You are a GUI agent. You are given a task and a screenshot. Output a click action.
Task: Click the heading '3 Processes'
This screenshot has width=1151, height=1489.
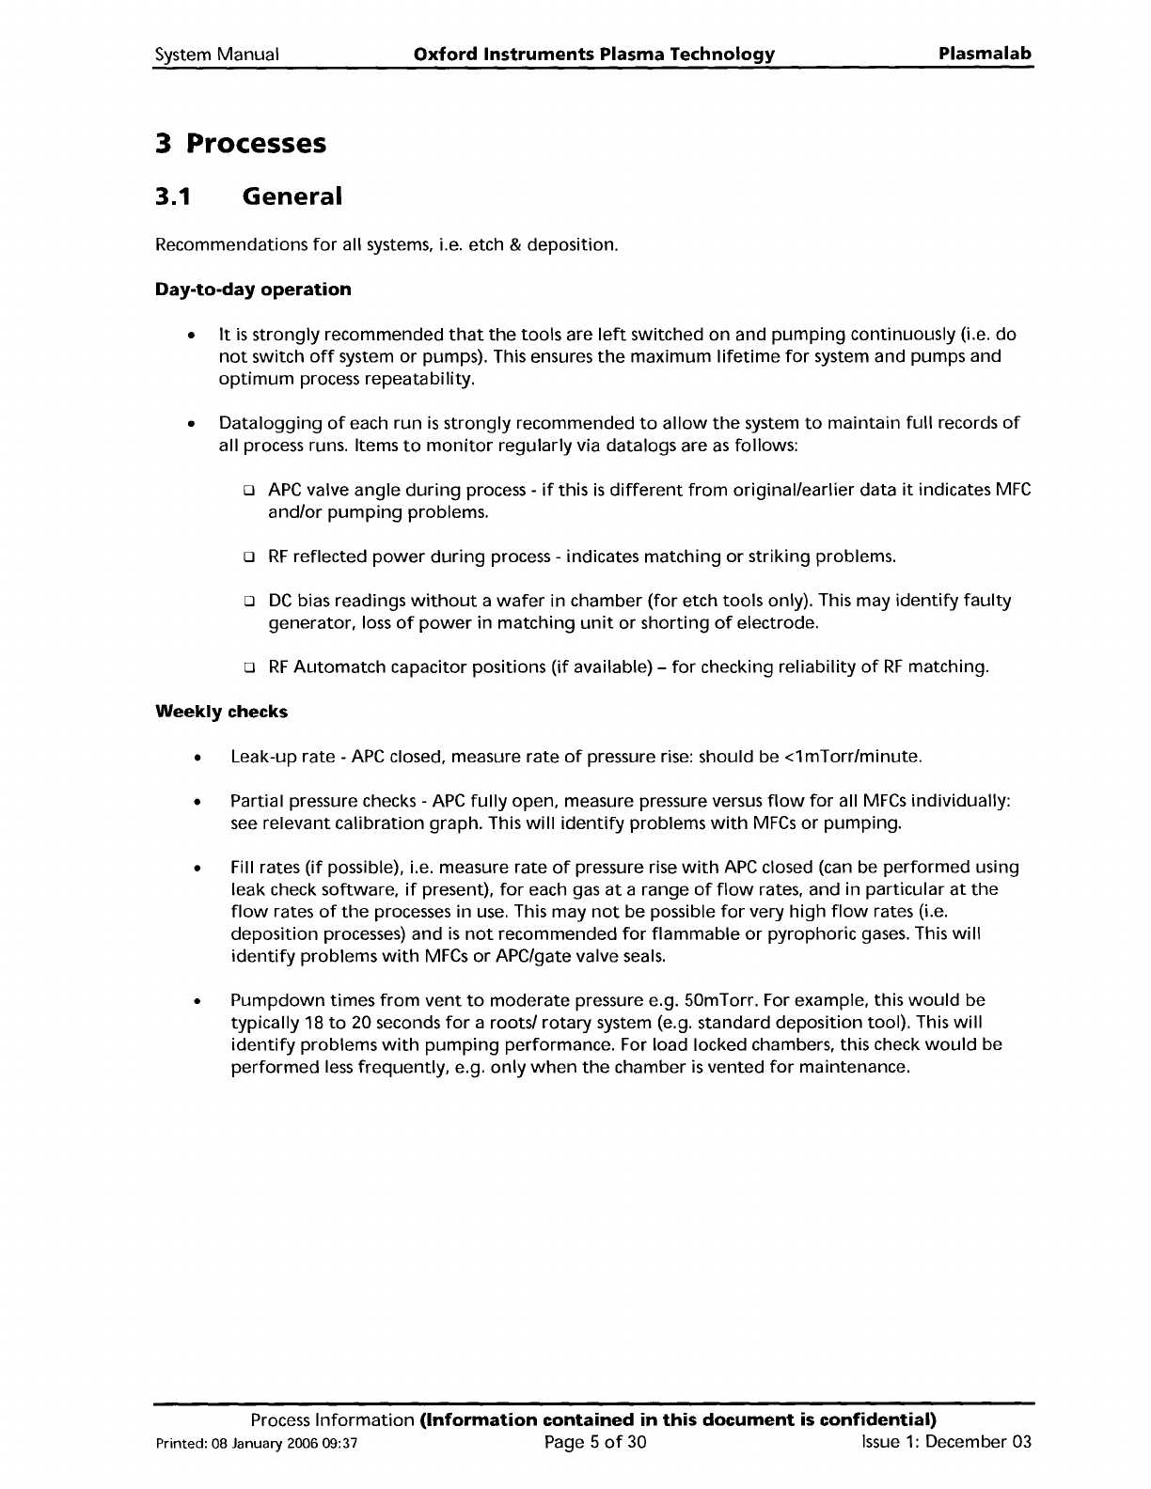point(240,144)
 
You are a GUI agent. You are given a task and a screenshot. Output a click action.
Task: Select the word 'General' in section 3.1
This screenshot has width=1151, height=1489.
point(292,196)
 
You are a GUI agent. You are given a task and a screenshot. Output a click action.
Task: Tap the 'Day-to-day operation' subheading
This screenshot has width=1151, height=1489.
point(252,290)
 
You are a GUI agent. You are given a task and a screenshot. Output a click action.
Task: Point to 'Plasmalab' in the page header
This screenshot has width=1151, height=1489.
point(985,54)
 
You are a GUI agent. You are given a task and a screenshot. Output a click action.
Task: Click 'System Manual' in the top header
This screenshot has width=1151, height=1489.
point(216,55)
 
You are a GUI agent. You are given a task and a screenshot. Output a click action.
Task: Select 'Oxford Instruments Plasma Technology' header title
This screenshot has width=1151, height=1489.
point(594,55)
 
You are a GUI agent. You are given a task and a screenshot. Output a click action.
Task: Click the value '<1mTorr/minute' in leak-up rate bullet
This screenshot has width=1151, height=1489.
point(852,757)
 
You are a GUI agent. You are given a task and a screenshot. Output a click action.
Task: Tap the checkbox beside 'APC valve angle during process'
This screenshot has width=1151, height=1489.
point(250,492)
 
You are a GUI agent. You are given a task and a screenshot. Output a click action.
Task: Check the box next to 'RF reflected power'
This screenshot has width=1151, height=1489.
point(250,557)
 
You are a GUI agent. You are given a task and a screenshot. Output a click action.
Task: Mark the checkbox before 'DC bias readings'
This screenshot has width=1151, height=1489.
point(250,602)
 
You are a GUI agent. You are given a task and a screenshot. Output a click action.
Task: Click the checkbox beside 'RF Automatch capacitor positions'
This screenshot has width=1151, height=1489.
point(250,668)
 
